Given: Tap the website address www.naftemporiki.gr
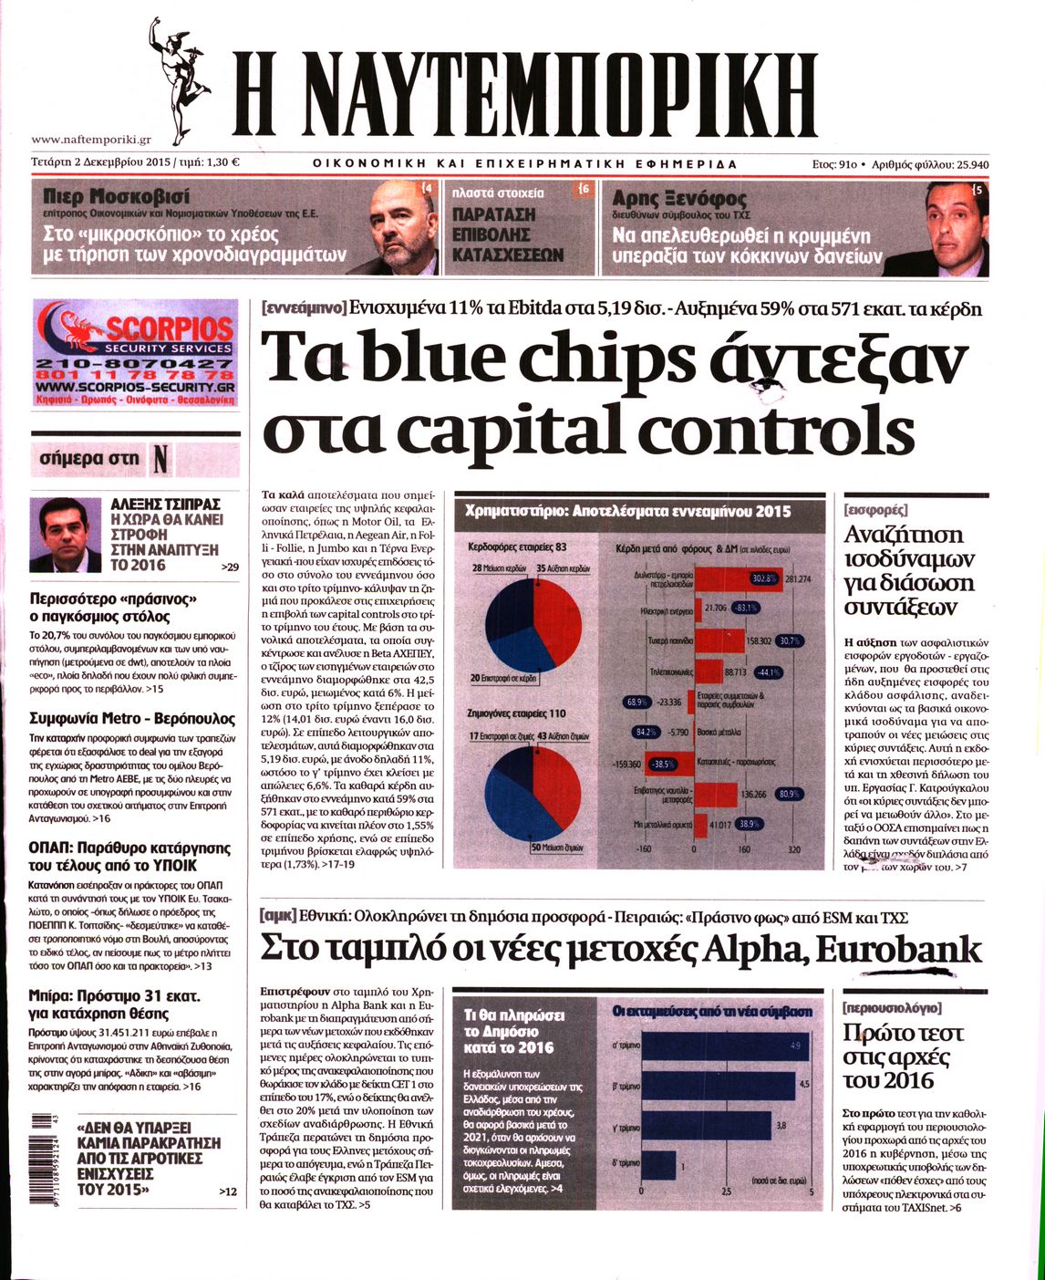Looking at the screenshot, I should [91, 140].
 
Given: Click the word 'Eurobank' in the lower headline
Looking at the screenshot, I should [898, 949].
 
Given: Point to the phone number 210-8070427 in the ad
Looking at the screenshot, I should [135, 364].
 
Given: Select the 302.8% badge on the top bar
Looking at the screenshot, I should [763, 578].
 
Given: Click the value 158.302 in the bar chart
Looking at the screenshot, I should [759, 641].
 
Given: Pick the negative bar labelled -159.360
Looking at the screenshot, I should [628, 763].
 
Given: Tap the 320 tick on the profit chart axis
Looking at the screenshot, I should [792, 848].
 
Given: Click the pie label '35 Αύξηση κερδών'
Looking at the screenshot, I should [564, 568].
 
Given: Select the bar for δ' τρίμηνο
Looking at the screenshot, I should [659, 1163].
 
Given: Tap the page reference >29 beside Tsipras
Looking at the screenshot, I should [230, 567].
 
